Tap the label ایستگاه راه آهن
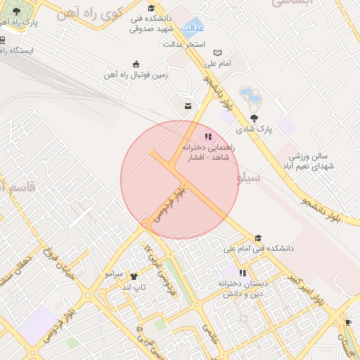coord(32,51)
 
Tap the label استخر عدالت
coord(184,44)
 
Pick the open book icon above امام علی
coord(217,53)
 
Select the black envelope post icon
coord(188,106)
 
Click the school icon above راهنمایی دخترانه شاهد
coord(207,136)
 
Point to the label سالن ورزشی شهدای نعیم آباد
coord(310,160)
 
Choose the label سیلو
coord(249,178)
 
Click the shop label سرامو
coord(114,273)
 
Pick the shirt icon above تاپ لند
coord(134,276)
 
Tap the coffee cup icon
coord(349,323)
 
